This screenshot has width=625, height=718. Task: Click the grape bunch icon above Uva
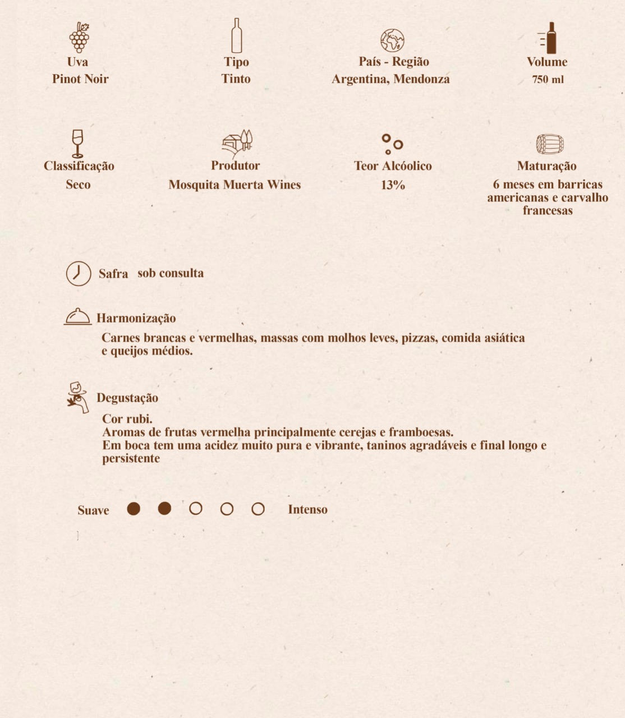(79, 37)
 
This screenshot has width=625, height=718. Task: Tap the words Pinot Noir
(80, 79)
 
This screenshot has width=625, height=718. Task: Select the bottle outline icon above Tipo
(237, 35)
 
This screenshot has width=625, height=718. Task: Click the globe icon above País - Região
(392, 40)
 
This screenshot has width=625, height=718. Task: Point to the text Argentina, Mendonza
(390, 79)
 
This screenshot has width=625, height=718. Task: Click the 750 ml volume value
(548, 80)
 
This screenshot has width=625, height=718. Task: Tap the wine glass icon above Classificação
(77, 144)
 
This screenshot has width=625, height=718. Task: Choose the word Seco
(78, 185)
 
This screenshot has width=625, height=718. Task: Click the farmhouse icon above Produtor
(237, 143)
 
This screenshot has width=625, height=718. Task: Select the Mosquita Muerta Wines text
(235, 185)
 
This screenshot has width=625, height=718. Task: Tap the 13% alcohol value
(393, 185)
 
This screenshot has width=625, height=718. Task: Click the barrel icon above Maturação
(549, 144)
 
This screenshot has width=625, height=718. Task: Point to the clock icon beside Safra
(79, 274)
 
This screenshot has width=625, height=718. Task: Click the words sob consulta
(171, 273)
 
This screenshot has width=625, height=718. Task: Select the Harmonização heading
(136, 318)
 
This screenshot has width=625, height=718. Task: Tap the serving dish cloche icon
(77, 317)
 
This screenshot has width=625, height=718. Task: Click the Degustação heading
(127, 398)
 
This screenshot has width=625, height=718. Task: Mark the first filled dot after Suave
(134, 509)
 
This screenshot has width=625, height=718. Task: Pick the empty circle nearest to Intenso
(258, 509)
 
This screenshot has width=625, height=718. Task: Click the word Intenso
(307, 509)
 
